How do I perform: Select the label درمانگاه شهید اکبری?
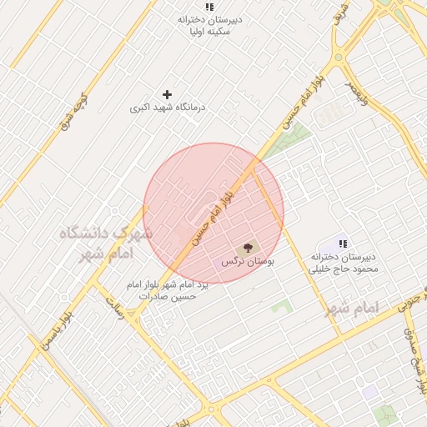pyautogui.click(x=168, y=108)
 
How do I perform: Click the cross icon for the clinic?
pyautogui.click(x=167, y=95)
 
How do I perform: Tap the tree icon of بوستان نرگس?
pyautogui.click(x=247, y=249)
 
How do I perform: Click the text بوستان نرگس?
pyautogui.click(x=248, y=262)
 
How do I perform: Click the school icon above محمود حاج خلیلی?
pyautogui.click(x=342, y=243)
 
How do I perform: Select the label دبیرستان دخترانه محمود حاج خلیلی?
pyautogui.click(x=344, y=263)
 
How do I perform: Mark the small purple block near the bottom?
pyautogui.click(x=369, y=392)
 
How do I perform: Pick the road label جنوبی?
pyautogui.click(x=411, y=309)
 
